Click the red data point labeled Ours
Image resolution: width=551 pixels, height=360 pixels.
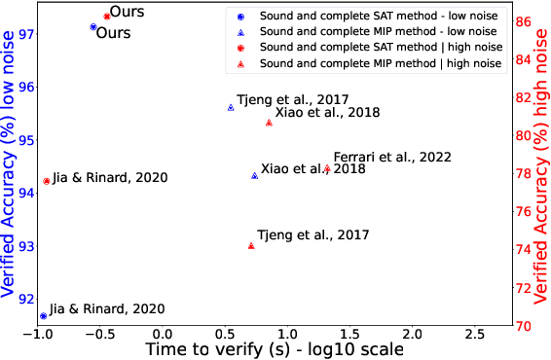[x=107, y=17]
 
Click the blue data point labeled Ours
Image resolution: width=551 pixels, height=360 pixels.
[x=93, y=27]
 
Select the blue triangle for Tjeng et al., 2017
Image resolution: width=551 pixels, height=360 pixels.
[x=231, y=107]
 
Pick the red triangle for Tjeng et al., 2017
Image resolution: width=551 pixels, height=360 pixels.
[x=251, y=245]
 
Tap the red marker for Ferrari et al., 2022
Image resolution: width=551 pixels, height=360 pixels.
[x=327, y=168]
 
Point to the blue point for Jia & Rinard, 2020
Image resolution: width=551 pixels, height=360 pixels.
[x=43, y=316]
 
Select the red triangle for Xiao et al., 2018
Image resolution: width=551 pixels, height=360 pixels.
[x=270, y=122]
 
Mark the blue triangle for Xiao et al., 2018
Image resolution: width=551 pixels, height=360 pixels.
[x=255, y=175]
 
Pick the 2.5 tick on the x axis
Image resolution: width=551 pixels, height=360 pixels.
[x=474, y=335]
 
